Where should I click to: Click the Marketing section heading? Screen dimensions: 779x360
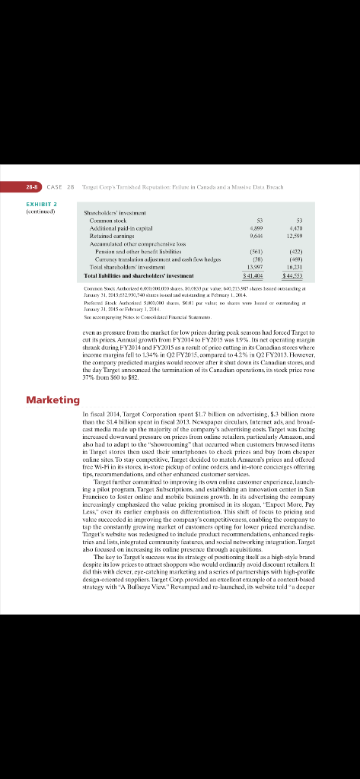pos(53,399)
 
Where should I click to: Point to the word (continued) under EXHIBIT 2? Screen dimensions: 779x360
pos(43,211)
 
